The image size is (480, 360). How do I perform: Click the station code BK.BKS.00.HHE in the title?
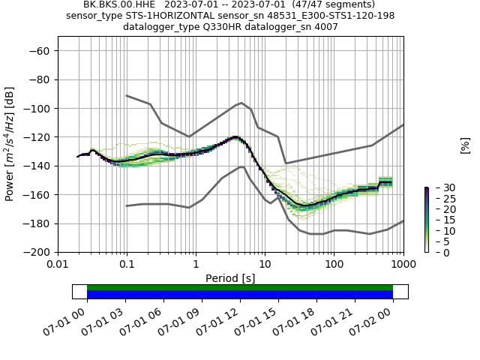118,4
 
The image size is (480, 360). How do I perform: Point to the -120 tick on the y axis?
37,137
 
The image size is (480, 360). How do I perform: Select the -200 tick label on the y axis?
37,253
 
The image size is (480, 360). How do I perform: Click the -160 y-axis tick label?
37,195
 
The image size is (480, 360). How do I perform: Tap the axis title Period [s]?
230,278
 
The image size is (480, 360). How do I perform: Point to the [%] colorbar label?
465,145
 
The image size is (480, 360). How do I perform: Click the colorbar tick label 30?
440,187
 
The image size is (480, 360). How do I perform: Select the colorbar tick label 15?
440,220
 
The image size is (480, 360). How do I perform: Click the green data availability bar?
240,287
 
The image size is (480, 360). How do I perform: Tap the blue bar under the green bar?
240,295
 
